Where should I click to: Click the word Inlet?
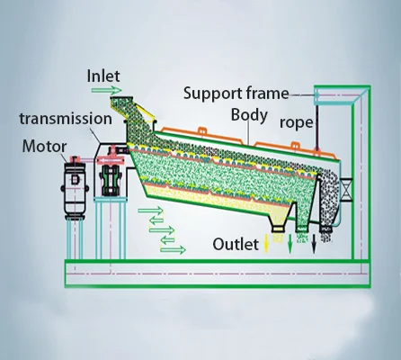point(103,76)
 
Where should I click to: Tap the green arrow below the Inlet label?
point(107,90)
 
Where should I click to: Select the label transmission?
point(66,119)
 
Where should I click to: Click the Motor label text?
point(44,147)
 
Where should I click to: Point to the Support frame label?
point(236,94)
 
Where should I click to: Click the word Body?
point(249,115)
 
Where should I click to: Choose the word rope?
point(296,123)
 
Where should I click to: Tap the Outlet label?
point(236,244)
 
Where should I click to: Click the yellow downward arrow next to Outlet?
point(265,244)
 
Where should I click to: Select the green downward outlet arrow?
point(290,244)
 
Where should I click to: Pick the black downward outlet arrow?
point(314,244)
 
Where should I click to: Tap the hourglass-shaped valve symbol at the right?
point(346,190)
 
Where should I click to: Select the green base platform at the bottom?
point(218,274)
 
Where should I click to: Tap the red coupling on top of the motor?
point(75,158)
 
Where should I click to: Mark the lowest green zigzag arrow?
point(173,249)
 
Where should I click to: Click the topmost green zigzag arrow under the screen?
point(151,211)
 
